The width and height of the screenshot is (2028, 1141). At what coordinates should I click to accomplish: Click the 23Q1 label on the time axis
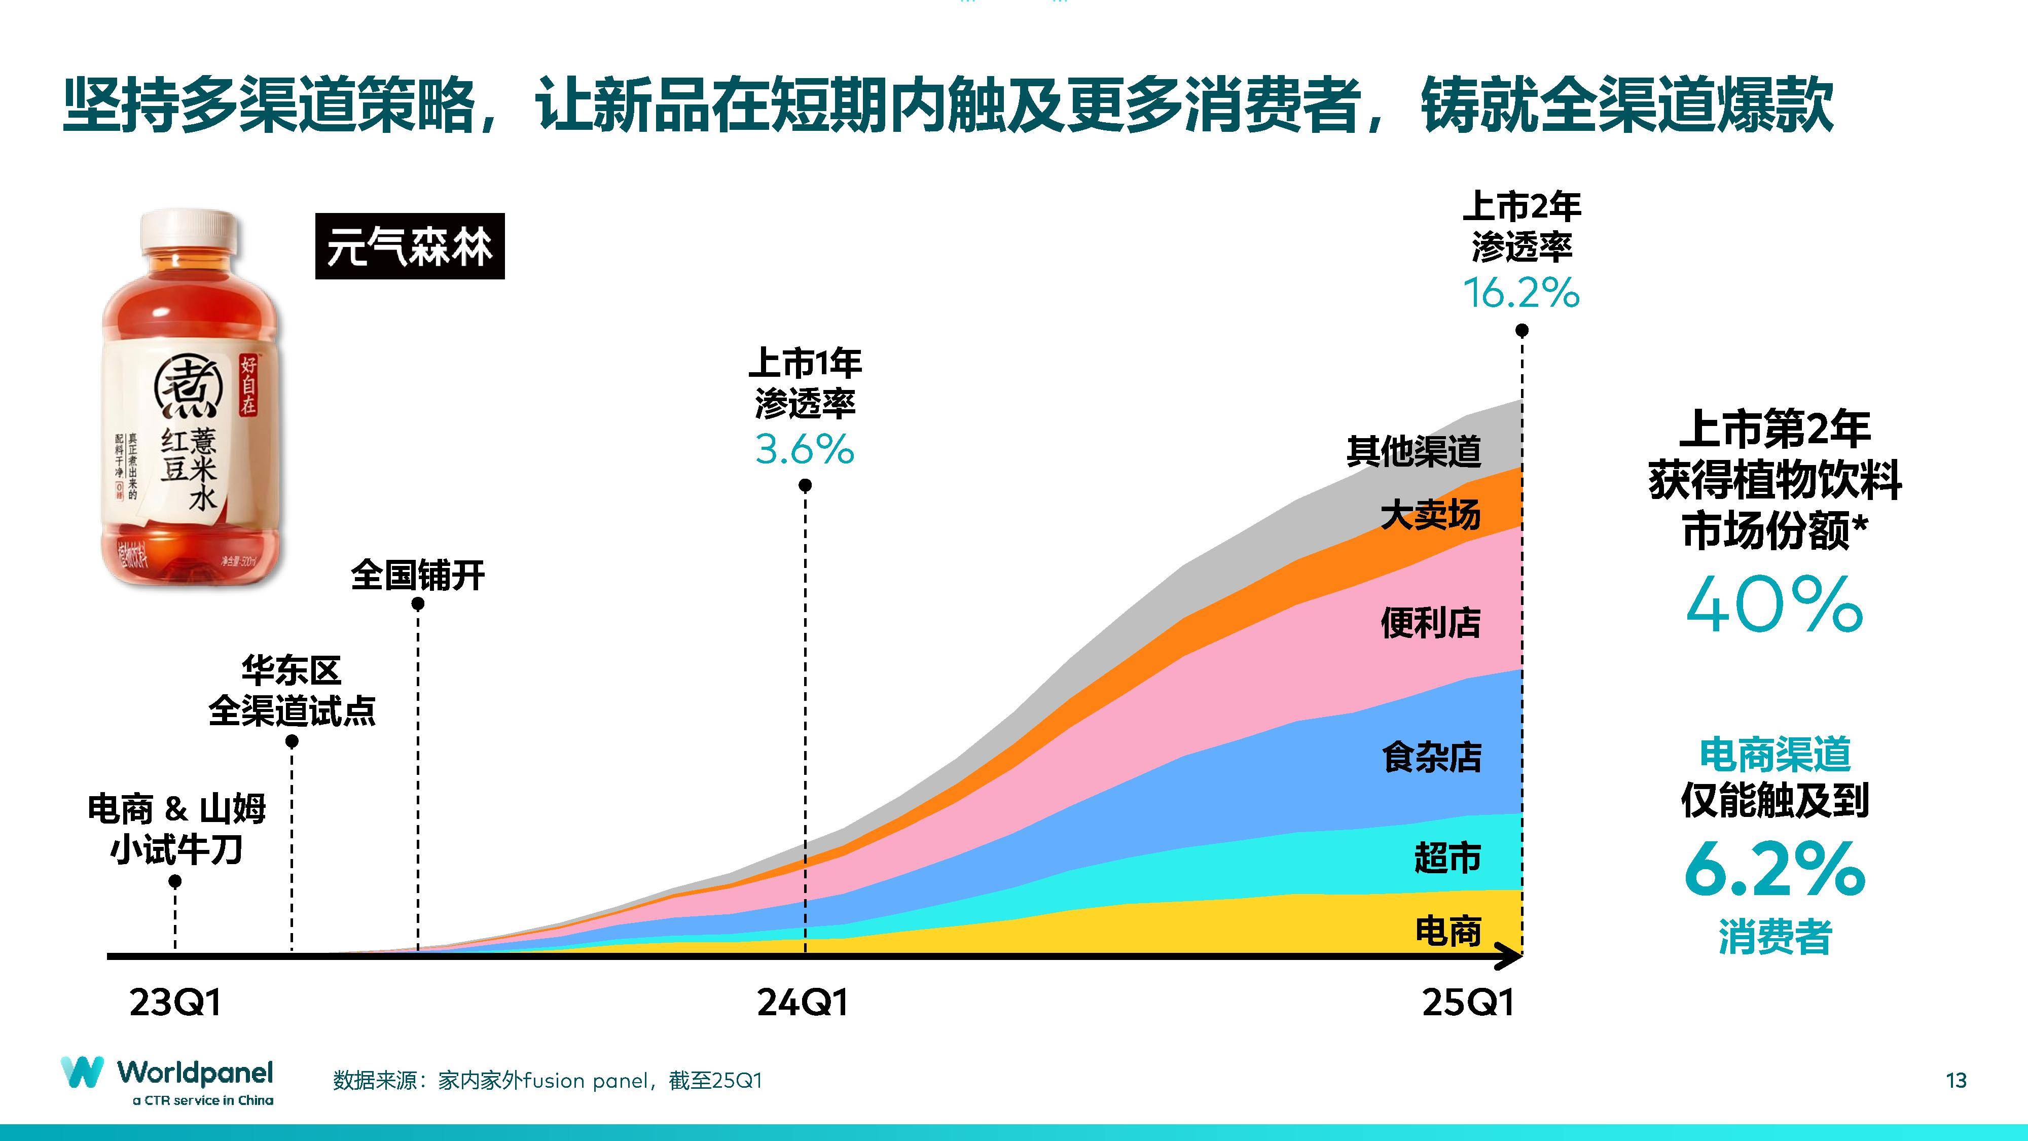pyautogui.click(x=175, y=1003)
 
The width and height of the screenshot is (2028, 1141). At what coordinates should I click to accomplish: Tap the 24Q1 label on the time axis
pyautogui.click(x=803, y=1003)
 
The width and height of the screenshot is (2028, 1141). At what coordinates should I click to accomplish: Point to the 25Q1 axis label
pyautogui.click(x=1468, y=1003)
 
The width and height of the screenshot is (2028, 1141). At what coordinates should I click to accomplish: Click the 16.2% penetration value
pyautogui.click(x=1521, y=293)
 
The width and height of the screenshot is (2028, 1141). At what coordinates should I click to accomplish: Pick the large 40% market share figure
pyautogui.click(x=1774, y=605)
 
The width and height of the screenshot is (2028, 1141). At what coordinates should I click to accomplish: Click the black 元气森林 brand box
pyautogui.click(x=409, y=246)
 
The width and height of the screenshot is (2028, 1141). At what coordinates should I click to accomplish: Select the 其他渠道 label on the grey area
pyautogui.click(x=1414, y=451)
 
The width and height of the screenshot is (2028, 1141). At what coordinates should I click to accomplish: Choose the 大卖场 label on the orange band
pyautogui.click(x=1430, y=515)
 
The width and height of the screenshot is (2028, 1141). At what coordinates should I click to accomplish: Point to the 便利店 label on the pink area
pyautogui.click(x=1430, y=623)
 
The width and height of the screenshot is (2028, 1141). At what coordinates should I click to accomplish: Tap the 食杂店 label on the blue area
pyautogui.click(x=1431, y=758)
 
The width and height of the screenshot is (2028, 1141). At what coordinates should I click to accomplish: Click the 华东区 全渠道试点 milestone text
pyautogui.click(x=292, y=691)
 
